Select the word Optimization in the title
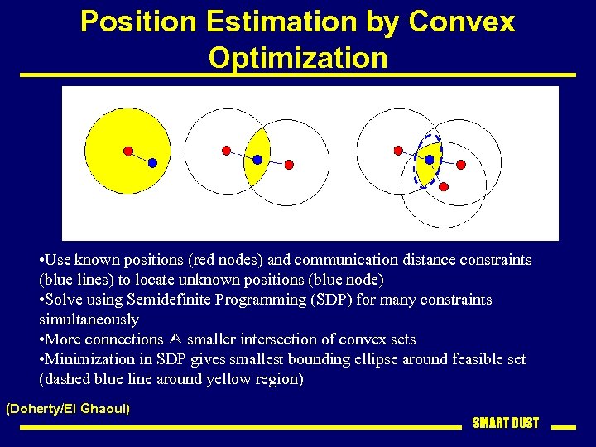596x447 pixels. click(x=298, y=58)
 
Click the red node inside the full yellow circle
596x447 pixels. click(x=128, y=151)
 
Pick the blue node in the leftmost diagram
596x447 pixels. click(x=152, y=164)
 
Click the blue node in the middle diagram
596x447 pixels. click(x=257, y=159)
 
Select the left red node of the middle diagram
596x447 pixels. click(x=226, y=151)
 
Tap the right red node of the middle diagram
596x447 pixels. click(x=289, y=165)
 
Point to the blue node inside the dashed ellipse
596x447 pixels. click(x=430, y=159)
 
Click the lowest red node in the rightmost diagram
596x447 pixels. click(x=443, y=186)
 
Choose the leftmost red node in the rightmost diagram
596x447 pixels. click(x=398, y=151)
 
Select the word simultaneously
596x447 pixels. click(x=89, y=320)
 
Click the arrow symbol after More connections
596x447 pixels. click(x=174, y=339)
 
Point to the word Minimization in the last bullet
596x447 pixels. click(x=92, y=359)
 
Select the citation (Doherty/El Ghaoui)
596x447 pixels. click(x=68, y=409)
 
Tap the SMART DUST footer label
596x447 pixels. click(x=505, y=423)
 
